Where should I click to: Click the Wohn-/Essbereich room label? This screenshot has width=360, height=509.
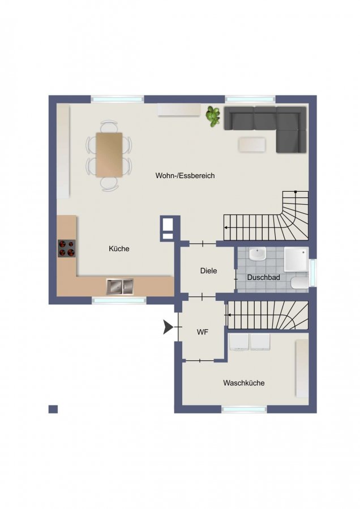point(185,176)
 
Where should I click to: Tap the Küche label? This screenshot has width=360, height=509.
point(119,249)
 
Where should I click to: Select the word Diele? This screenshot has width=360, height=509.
point(209,271)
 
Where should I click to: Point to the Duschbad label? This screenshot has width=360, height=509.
point(264,278)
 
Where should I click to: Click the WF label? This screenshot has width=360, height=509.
point(203,332)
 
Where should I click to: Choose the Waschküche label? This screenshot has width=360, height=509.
point(244,383)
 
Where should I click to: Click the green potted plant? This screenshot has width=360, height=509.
point(213,117)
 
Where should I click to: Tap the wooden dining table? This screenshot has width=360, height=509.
point(109,155)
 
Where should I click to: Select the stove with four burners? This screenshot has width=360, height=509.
point(67,249)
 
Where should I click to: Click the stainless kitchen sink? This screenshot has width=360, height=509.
point(120,286)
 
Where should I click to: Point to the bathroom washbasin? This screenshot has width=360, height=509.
point(258,254)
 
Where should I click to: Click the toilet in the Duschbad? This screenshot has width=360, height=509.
point(299,283)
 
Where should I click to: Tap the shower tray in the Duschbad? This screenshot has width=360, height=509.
point(296,260)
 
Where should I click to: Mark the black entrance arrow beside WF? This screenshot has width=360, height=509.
point(168,327)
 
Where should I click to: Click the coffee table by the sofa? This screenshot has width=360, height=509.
point(252,145)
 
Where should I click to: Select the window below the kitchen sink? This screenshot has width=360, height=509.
point(119,300)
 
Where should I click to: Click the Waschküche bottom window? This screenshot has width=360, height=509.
point(244,409)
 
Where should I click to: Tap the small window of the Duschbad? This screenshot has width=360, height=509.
point(312,273)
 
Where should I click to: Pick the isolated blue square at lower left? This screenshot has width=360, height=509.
point(53,409)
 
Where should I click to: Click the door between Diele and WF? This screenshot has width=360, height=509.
point(202,296)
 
